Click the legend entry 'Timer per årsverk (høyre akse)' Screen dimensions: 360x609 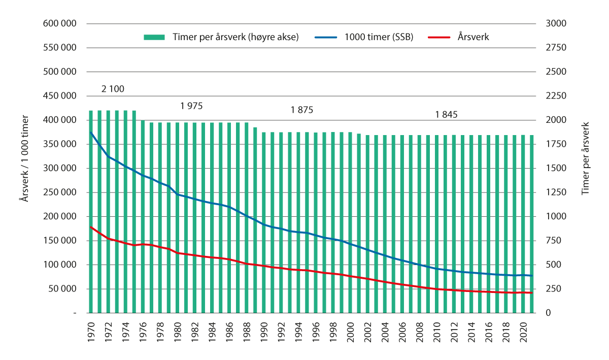tap(221, 37)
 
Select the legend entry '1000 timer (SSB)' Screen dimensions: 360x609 tap(363, 37)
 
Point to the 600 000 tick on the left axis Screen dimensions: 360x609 tap(60, 24)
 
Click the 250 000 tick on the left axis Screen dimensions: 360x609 tap(60, 192)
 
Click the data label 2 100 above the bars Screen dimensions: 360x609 tap(113, 89)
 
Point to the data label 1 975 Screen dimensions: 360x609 tap(191, 106)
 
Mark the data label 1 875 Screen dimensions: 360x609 tap(302, 110)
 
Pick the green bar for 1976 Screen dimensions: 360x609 tap(143, 218)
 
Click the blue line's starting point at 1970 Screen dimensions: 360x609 tap(91, 133)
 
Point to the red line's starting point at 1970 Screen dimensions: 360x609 tap(91, 227)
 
